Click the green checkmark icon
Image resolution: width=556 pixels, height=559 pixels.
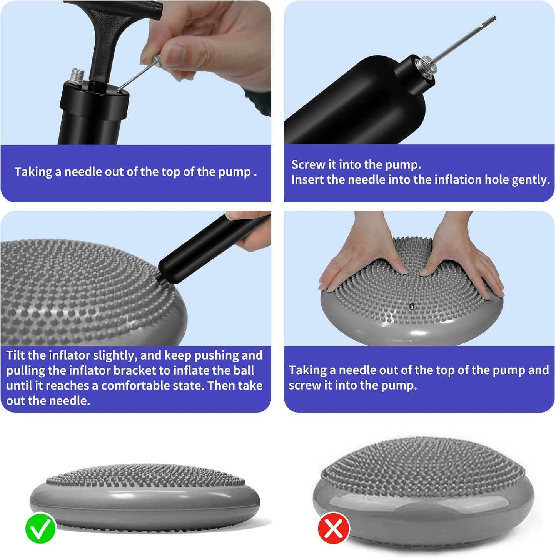click(40, 527)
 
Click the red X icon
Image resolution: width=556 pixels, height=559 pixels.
click(334, 528)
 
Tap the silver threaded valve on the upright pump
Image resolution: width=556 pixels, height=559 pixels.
click(77, 76)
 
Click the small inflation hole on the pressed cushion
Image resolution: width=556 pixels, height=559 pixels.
click(412, 305)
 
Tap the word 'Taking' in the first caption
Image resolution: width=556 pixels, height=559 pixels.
click(33, 172)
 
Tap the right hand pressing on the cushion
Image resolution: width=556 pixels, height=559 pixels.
click(462, 255)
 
